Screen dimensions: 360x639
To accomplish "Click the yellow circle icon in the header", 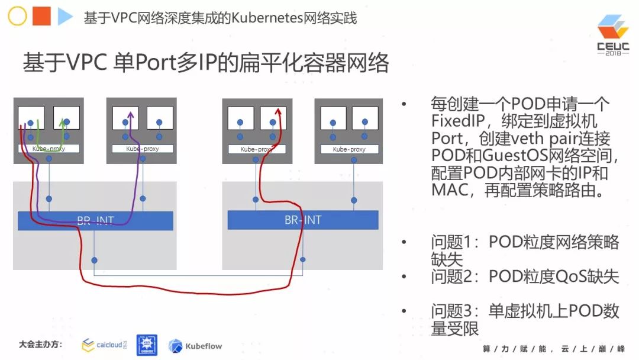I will (17, 17).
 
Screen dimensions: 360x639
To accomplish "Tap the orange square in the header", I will (41, 17).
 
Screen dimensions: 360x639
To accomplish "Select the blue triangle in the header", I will (64, 17).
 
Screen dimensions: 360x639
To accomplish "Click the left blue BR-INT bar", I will (95, 221).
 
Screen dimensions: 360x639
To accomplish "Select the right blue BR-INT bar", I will (303, 220).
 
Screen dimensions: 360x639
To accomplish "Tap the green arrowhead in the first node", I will (63, 121).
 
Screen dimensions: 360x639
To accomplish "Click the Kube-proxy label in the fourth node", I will (349, 149).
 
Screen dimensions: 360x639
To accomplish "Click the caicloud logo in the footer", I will (104, 345).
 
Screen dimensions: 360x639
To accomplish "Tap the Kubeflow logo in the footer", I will (195, 346).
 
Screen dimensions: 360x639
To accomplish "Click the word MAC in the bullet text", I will (450, 190).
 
